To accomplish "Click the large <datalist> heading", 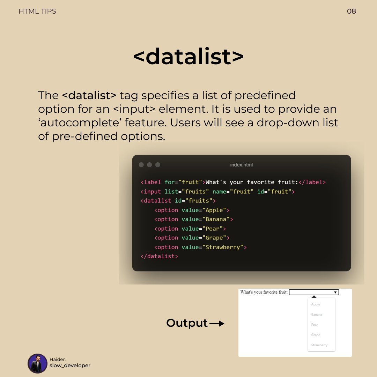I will point(188,57).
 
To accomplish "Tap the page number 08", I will point(351,11).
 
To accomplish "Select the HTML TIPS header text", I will point(37,11).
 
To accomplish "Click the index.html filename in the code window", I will point(241,165).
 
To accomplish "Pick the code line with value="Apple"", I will point(192,210).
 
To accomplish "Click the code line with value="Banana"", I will point(193,219).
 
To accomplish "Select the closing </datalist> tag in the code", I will point(159,256).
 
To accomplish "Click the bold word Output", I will point(187,323).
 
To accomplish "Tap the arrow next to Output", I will point(217,324).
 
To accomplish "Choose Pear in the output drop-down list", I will point(315,325).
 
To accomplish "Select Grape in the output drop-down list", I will point(316,335).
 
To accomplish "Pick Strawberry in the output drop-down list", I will point(319,345).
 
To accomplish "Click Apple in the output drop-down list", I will point(316,304).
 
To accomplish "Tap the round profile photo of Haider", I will point(37,363).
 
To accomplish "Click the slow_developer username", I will point(70,365).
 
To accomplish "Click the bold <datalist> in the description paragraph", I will point(89,95).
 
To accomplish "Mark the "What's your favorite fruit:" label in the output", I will point(264,292).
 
